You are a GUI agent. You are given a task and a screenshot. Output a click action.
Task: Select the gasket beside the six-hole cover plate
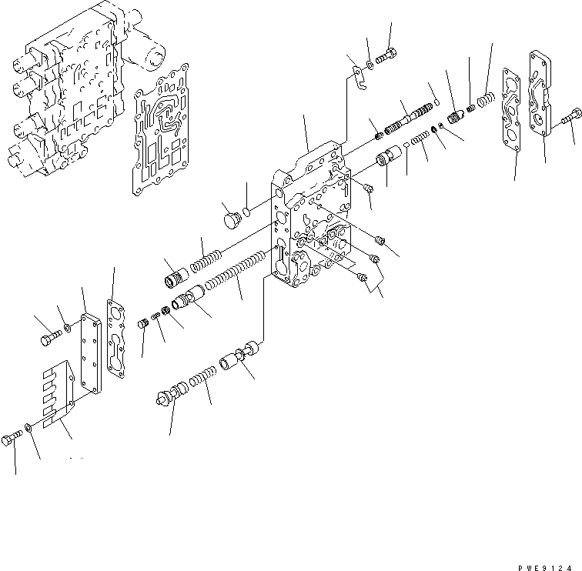[x=118, y=339]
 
